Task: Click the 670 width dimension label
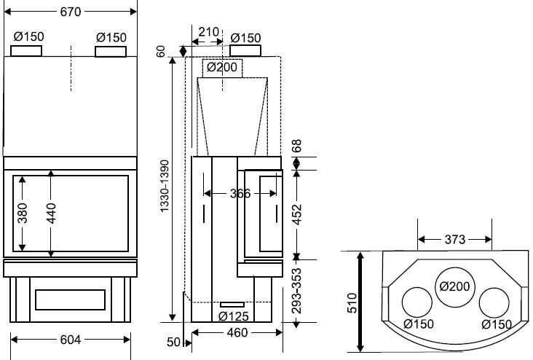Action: (71, 12)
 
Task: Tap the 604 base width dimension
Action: (71, 340)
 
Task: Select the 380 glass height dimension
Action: (23, 213)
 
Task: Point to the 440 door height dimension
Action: (51, 213)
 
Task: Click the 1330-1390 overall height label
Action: (165, 186)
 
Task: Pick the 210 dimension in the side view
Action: (208, 32)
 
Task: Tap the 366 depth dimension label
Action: (240, 194)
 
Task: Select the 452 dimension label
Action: (297, 214)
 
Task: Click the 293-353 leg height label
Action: (297, 291)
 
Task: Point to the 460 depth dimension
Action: (237, 333)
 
